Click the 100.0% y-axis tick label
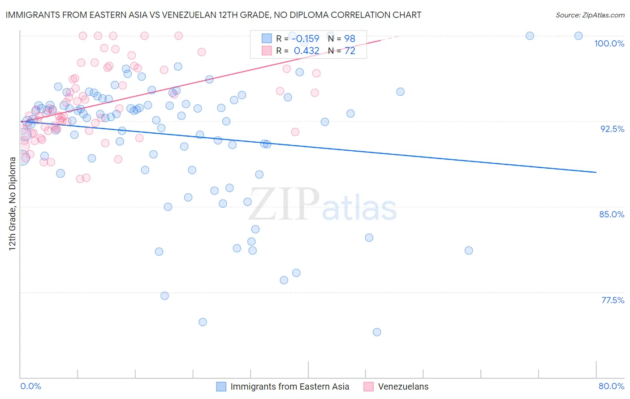coord(609,43)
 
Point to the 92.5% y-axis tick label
coord(612,129)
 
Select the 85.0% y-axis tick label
coord(612,214)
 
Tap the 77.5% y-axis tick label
coord(613,300)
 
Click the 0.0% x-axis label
coord(30,386)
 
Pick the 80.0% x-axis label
coord(611,386)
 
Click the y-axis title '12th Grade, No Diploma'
coord(13,204)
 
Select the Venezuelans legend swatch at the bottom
coord(368,386)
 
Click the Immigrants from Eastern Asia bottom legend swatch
coord(221,386)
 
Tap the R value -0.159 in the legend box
coord(306,39)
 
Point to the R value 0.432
coord(306,51)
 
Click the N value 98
coord(350,39)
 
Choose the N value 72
coord(350,51)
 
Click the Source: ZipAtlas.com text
coord(590,15)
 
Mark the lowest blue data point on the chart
coord(377,332)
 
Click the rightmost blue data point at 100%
coord(578,36)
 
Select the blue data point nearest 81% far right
coord(469,250)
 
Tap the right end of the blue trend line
coord(596,172)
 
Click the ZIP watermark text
coord(284,204)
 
